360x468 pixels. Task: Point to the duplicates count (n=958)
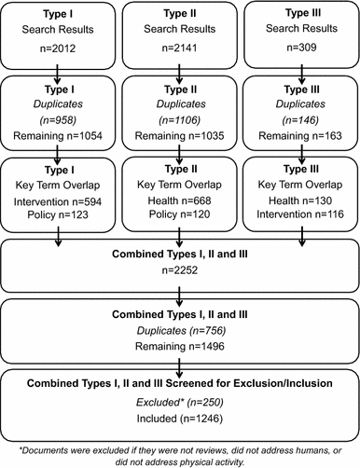click(59, 123)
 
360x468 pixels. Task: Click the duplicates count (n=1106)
click(180, 123)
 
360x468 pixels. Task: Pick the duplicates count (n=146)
click(301, 123)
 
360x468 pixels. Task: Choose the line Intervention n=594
click(59, 204)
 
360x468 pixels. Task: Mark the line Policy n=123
click(59, 218)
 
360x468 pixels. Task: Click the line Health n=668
click(180, 204)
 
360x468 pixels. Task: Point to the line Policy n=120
click(180, 218)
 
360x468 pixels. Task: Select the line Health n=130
click(301, 204)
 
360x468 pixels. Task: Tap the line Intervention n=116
click(301, 218)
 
